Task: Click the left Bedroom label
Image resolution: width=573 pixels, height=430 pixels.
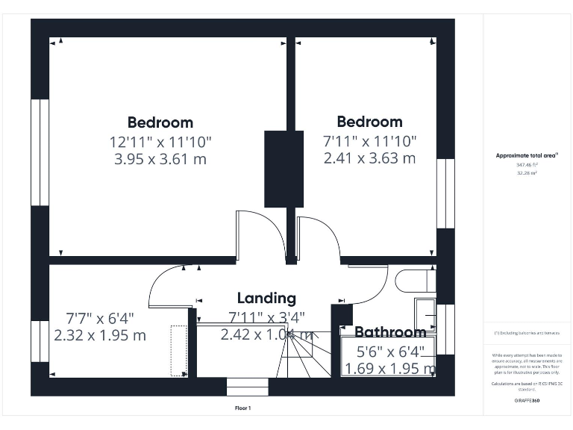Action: coord(160,122)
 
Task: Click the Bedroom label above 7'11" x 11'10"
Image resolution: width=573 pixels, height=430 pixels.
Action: coord(369,122)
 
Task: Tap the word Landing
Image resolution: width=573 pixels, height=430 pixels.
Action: coord(266,299)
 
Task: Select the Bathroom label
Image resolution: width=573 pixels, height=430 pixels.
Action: coord(389,332)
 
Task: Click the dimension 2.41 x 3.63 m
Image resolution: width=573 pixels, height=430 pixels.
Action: coord(369,158)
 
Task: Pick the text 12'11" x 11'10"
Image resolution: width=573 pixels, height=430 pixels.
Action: coord(160,141)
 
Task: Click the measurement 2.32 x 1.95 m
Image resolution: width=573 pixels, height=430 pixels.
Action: coord(100,335)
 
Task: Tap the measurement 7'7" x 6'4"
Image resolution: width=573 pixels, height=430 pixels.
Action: coord(99,317)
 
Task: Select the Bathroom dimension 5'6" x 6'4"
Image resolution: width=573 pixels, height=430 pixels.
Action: coord(389,351)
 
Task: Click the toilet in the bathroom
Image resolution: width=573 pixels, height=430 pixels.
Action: coord(415,281)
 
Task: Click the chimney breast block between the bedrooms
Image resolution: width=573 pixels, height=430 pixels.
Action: coord(284,168)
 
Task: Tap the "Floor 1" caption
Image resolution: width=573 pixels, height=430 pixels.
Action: coord(243,408)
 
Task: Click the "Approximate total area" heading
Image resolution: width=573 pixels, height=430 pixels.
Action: coord(527,155)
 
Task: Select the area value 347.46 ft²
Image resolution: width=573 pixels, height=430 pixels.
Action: coord(527,165)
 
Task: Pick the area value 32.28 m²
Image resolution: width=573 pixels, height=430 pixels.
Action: coord(527,173)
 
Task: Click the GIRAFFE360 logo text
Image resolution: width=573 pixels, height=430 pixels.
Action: coord(527,401)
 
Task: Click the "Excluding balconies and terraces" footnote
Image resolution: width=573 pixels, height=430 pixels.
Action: coord(527,333)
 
